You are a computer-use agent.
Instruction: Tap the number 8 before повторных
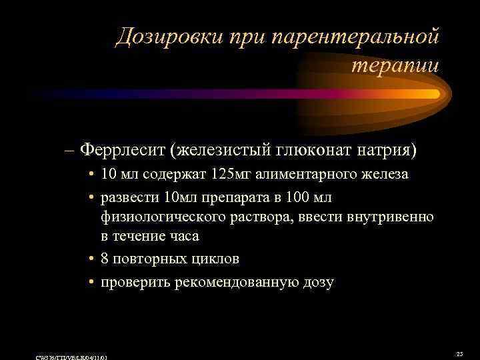(x=105, y=258)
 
